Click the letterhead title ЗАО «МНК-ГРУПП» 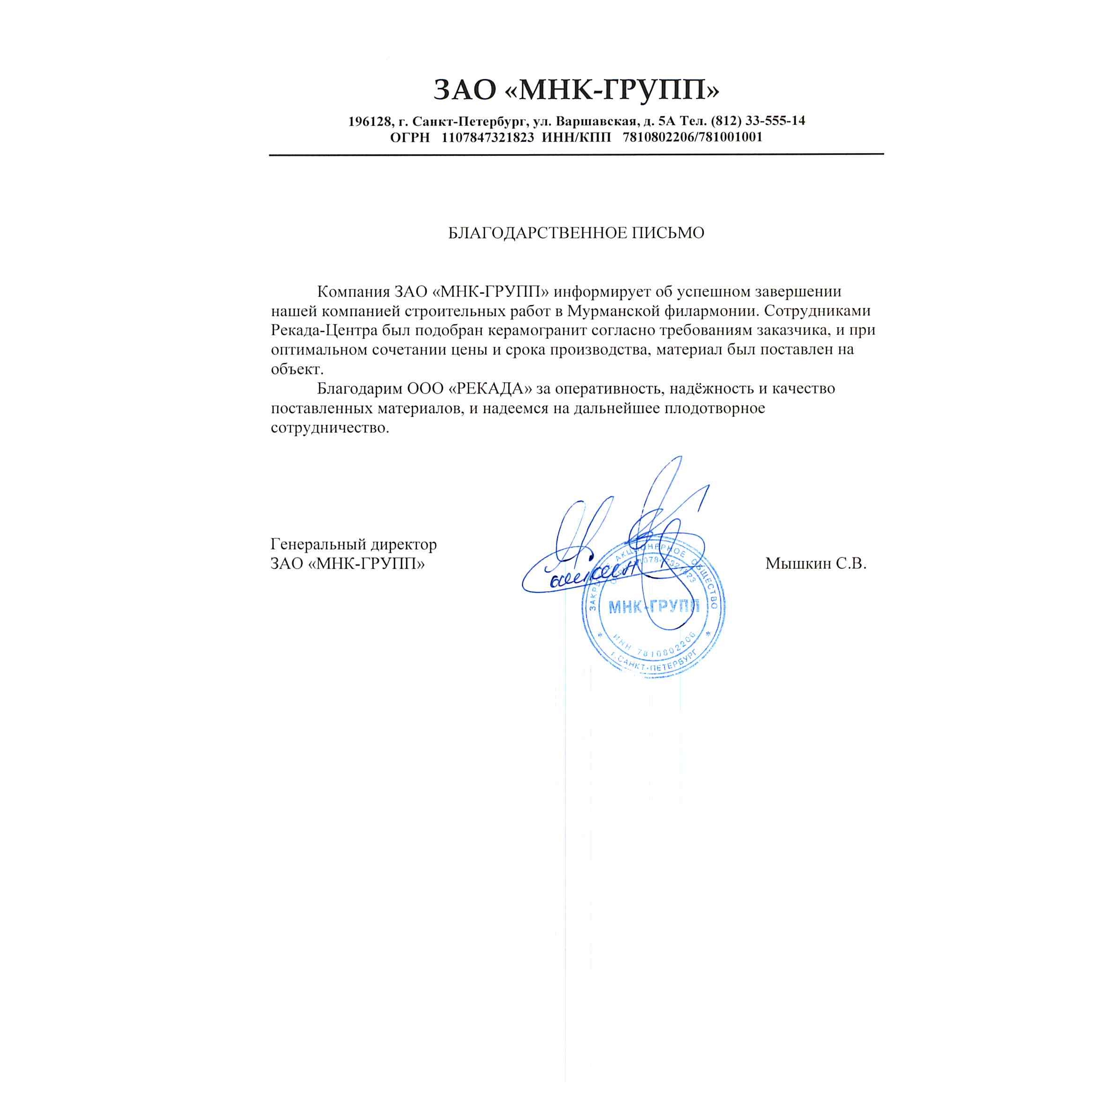tap(576, 90)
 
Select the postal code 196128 tap(370, 121)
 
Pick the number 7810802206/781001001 tap(693, 137)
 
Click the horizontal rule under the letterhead tap(576, 155)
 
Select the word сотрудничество tap(330, 427)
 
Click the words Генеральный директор tap(354, 544)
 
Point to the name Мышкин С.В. tap(816, 563)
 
